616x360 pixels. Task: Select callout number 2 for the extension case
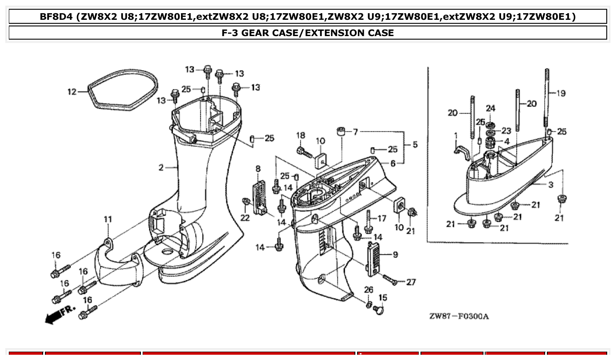161,168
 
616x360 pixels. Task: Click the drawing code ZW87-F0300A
459,316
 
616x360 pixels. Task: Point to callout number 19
561,93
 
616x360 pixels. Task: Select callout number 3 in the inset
551,185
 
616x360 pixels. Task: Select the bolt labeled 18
304,152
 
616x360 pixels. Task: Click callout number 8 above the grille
258,169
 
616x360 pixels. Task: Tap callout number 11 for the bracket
108,219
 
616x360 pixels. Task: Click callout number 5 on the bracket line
415,144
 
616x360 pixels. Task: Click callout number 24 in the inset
491,108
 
